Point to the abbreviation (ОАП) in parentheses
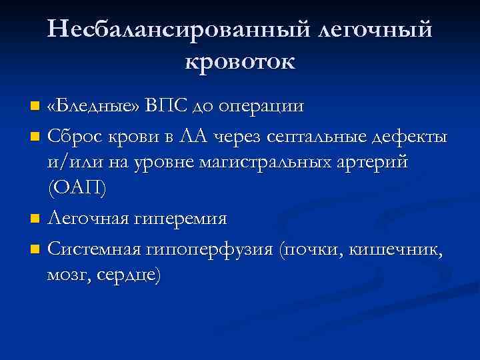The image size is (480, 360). tap(77, 187)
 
